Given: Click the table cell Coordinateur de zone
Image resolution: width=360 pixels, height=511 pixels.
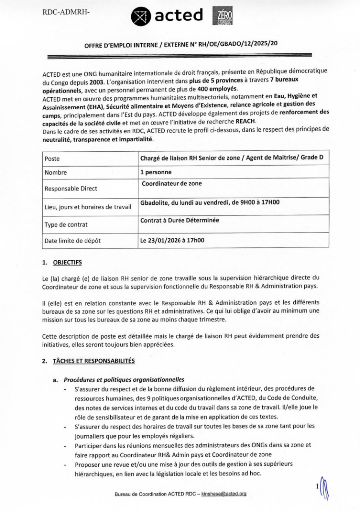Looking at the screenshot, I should [172, 183].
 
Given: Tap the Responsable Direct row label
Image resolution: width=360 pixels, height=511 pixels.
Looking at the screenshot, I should [71, 189].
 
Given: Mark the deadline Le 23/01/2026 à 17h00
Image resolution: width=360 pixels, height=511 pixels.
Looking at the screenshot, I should [173, 241].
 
